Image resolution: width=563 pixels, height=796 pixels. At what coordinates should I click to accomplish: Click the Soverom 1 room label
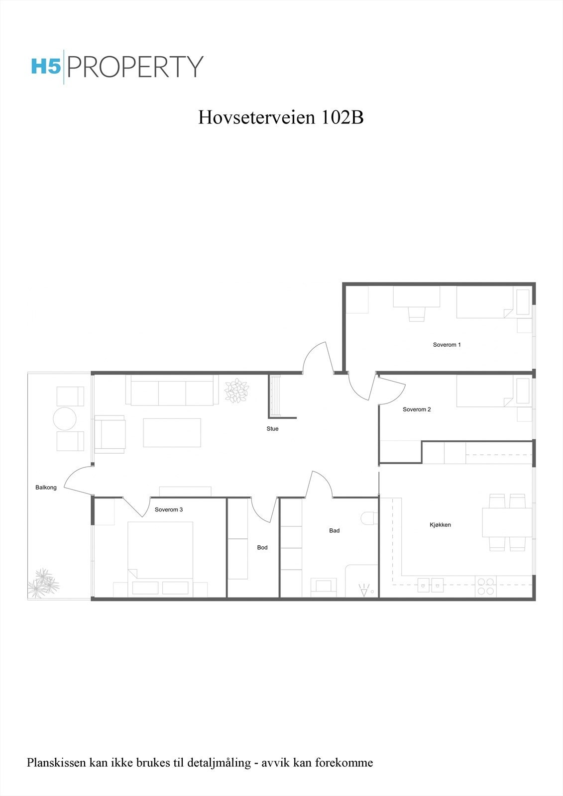[x=447, y=345]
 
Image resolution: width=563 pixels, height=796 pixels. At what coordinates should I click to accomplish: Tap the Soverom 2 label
[x=417, y=409]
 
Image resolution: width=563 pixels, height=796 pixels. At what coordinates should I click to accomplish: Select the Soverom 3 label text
[x=169, y=510]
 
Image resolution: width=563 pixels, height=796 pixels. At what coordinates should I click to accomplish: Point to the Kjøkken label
[x=440, y=525]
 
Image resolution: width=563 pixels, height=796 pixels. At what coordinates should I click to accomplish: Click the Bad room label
[x=335, y=531]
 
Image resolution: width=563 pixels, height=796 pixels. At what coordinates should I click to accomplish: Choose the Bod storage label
[x=262, y=548]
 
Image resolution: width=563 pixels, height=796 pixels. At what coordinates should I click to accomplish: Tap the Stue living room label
[x=272, y=429]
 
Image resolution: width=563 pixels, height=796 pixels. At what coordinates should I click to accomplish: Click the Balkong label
[x=46, y=488]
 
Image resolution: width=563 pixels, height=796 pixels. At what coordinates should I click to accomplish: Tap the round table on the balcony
[x=65, y=419]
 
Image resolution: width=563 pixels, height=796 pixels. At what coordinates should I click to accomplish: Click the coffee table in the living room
[x=172, y=432]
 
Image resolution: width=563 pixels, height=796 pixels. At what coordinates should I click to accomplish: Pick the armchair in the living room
[x=110, y=434]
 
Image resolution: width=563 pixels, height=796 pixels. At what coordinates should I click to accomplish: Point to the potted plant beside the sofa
[x=236, y=391]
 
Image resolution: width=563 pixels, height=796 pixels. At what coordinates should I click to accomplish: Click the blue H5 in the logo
[x=46, y=67]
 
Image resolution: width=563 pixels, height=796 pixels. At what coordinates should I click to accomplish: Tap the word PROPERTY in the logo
[x=135, y=67]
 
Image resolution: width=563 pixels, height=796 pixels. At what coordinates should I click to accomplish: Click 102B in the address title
[x=342, y=117]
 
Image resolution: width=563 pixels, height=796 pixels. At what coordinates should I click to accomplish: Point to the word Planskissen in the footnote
[x=56, y=763]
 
